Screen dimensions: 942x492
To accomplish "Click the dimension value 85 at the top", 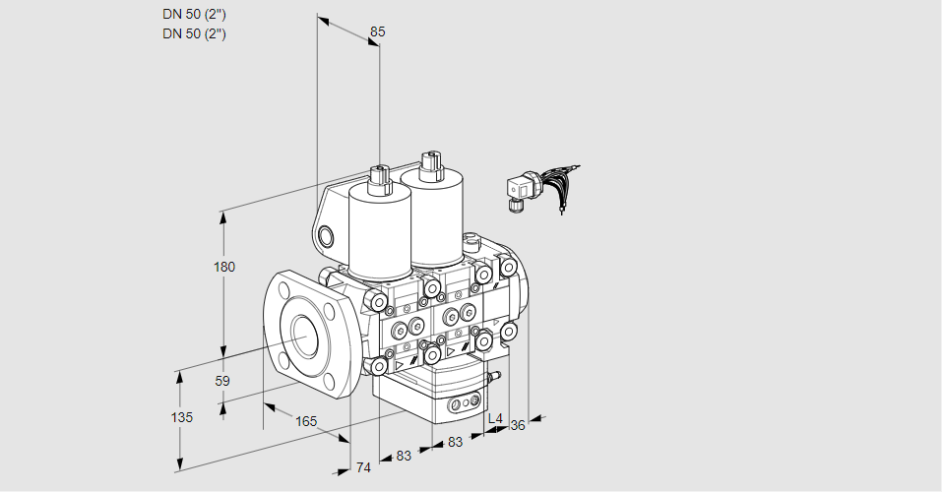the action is click(x=377, y=31).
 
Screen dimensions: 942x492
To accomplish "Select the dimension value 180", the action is click(x=224, y=267).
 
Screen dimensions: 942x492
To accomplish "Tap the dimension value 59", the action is click(x=222, y=381).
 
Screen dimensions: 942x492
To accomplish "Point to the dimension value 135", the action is click(x=181, y=417).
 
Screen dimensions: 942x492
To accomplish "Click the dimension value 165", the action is click(x=306, y=421).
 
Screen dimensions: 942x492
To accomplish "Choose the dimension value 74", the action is click(x=363, y=467).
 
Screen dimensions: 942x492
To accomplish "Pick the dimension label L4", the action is click(x=495, y=418).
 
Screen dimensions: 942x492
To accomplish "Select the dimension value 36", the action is click(x=517, y=425).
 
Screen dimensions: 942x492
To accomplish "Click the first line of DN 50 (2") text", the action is click(x=194, y=15).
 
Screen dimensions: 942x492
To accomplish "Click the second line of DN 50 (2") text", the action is click(x=194, y=33).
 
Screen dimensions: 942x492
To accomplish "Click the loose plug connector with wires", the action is click(x=540, y=187).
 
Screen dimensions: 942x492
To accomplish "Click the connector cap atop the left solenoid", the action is click(x=380, y=178).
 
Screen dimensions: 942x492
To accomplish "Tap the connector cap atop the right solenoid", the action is click(x=431, y=164).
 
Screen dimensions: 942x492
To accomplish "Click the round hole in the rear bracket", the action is click(x=326, y=237).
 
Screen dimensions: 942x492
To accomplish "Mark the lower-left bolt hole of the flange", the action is click(x=283, y=358).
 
